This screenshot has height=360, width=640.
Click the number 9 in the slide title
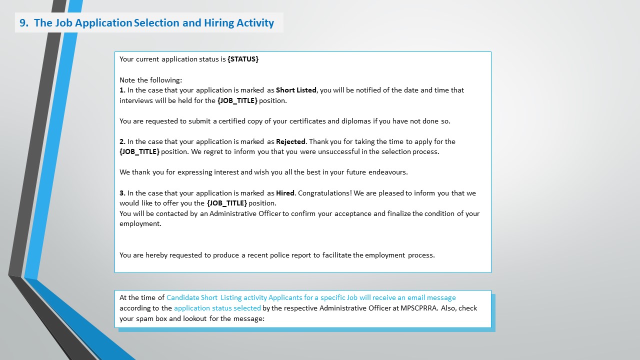click(x=22, y=23)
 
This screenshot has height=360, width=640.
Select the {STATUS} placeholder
click(x=243, y=59)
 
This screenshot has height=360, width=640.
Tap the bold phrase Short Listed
click(x=296, y=90)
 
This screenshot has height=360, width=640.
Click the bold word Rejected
click(x=290, y=141)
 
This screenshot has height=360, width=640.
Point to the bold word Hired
click(x=285, y=193)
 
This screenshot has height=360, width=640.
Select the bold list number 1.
click(x=122, y=90)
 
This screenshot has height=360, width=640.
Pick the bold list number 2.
click(x=122, y=141)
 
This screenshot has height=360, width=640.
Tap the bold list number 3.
click(x=122, y=193)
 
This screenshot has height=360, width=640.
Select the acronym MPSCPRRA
click(x=419, y=308)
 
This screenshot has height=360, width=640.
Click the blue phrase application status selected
click(x=217, y=308)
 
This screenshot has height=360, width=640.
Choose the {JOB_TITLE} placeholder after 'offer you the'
click(x=227, y=203)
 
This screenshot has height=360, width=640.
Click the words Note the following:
click(x=151, y=80)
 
